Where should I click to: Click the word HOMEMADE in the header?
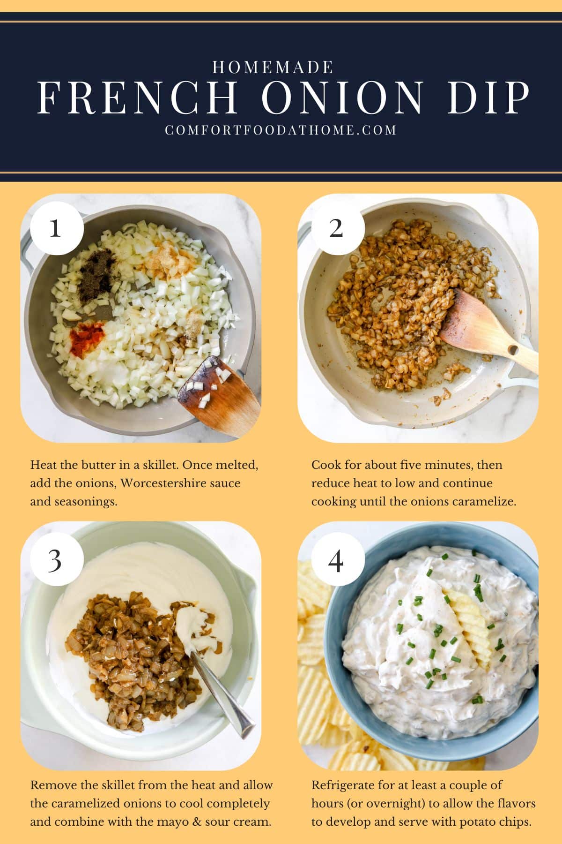273,68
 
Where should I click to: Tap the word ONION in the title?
342,98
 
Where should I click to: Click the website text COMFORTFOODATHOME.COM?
281,130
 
